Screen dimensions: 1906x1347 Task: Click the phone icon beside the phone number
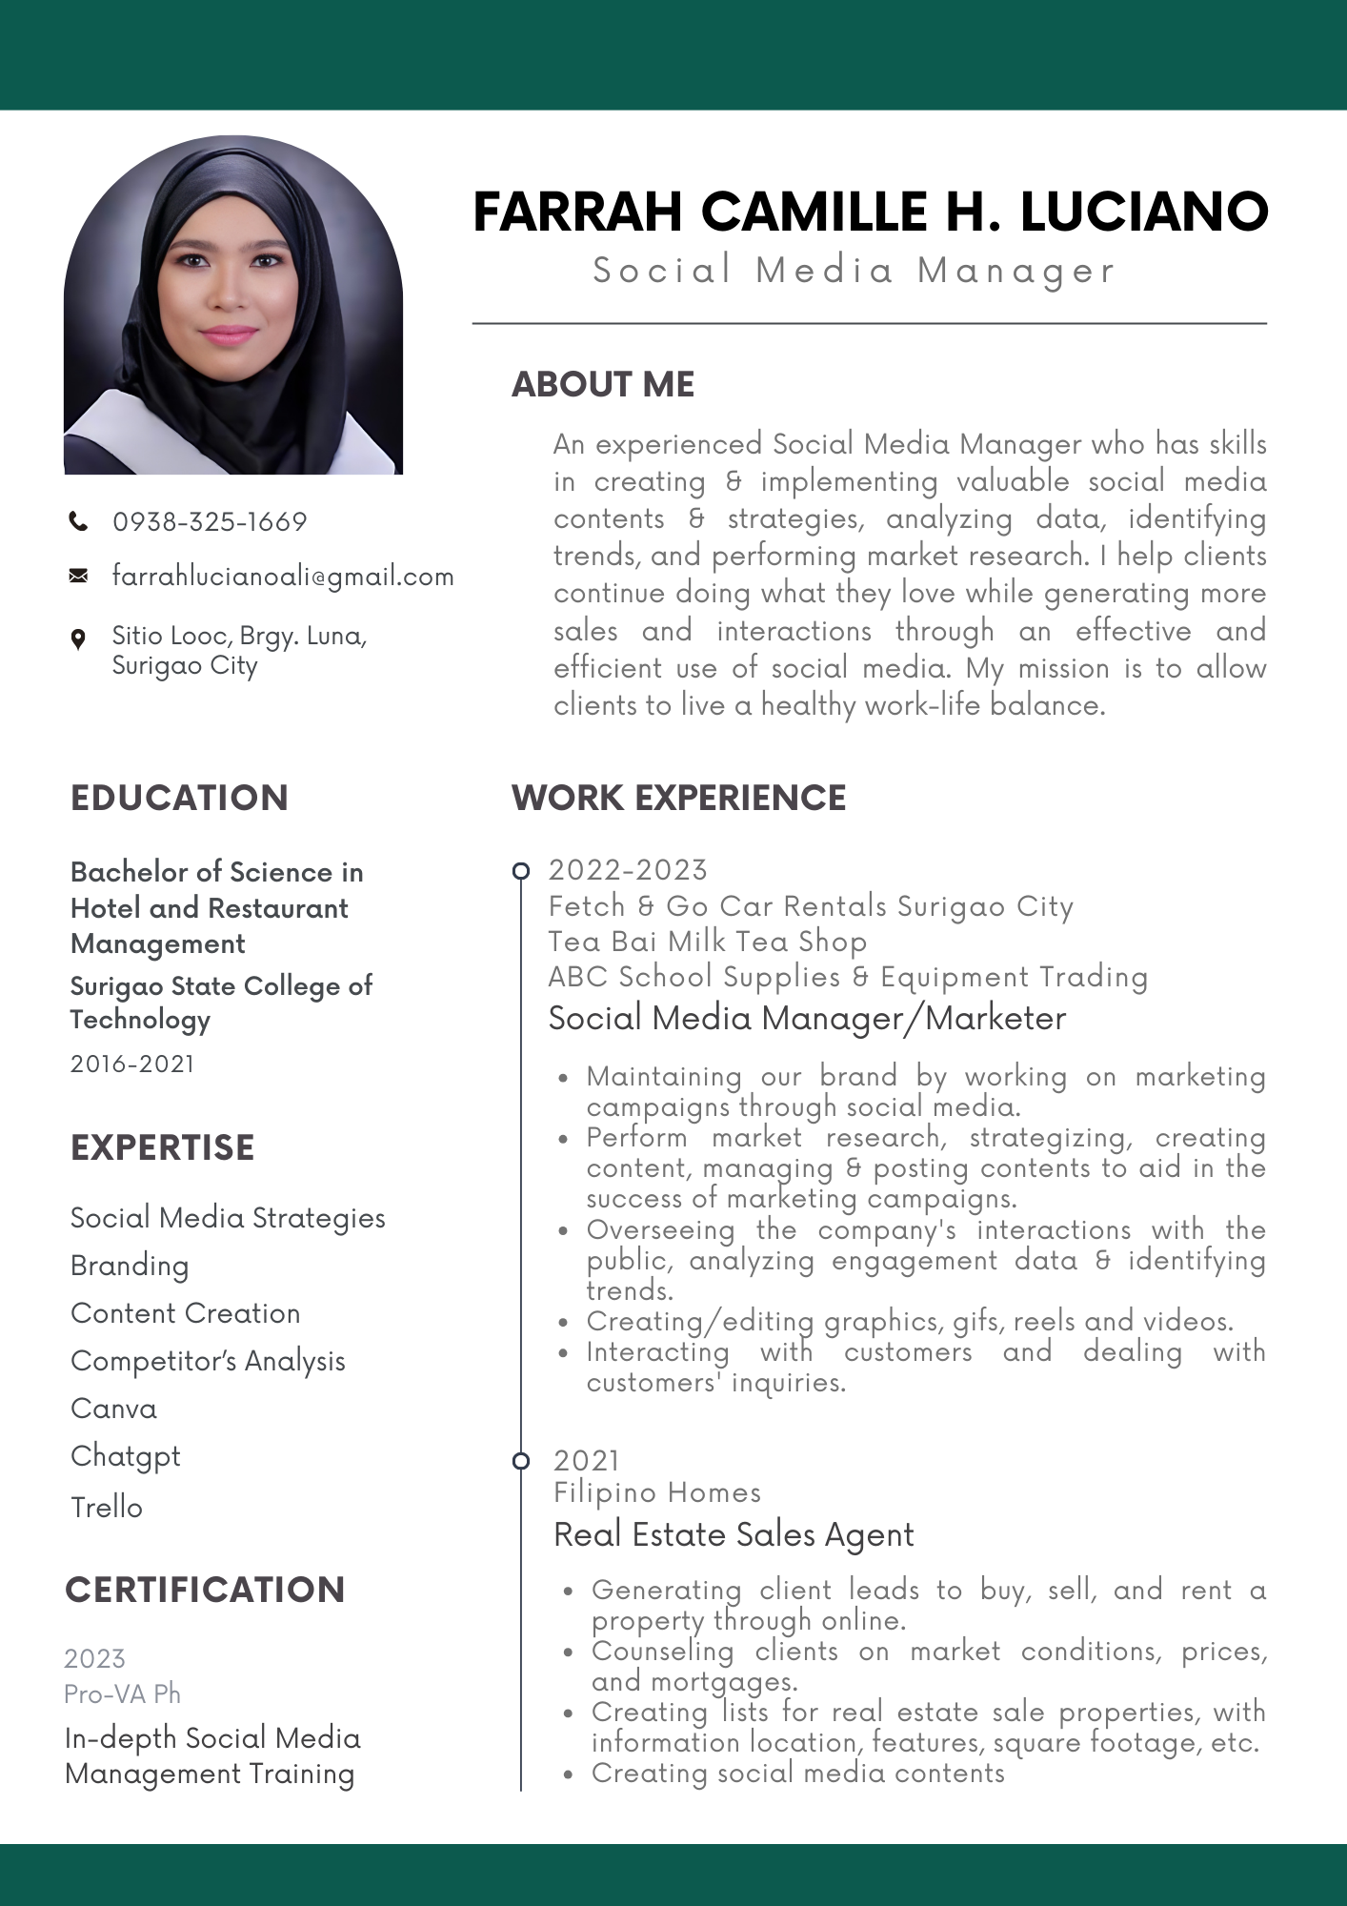coord(78,521)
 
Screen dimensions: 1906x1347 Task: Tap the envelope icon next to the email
coord(78,576)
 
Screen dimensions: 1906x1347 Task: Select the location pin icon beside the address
coord(78,639)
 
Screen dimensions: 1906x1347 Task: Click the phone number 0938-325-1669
coord(210,522)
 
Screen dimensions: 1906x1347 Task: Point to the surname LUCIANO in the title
coord(1144,212)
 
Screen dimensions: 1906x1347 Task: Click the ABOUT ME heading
coord(603,384)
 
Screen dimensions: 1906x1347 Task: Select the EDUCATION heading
coord(179,798)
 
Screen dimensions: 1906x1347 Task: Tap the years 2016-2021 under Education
coord(132,1064)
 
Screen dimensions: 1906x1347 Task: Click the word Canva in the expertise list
coord(113,1409)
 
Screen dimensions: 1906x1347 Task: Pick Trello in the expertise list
coord(107,1507)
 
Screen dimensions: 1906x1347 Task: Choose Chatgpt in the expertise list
coord(125,1456)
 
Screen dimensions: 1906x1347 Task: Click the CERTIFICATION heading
coord(205,1590)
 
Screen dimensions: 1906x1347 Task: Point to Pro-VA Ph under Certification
coord(122,1693)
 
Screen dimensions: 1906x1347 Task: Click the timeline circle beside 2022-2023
coord(521,870)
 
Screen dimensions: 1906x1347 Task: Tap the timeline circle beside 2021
coord(521,1461)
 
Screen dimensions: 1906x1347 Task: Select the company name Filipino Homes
coord(657,1492)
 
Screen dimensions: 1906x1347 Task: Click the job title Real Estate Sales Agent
coord(734,1535)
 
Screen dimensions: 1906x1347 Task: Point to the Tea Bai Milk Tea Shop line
coord(707,942)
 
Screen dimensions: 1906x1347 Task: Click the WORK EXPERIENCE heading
coord(678,798)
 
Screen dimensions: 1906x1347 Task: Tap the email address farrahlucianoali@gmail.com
coord(283,577)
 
